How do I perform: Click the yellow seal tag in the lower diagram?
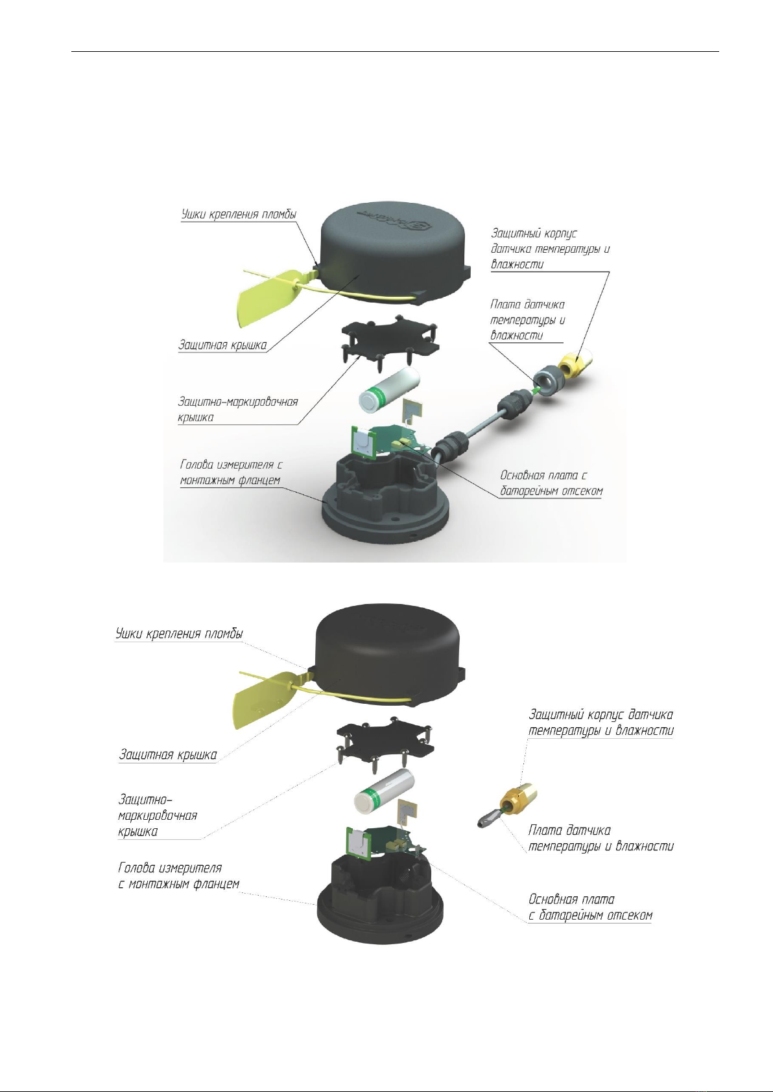(x=260, y=698)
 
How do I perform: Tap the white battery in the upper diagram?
(x=389, y=390)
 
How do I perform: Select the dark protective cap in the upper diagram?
(x=396, y=253)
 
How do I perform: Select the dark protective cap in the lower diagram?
(x=390, y=654)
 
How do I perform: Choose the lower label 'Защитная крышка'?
(x=168, y=755)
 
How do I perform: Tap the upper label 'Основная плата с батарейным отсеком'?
(x=551, y=483)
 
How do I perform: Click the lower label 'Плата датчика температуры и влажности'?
(x=601, y=838)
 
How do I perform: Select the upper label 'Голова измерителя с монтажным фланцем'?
(x=231, y=472)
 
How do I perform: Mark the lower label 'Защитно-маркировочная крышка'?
(x=158, y=815)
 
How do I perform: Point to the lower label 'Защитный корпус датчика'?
(x=601, y=715)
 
